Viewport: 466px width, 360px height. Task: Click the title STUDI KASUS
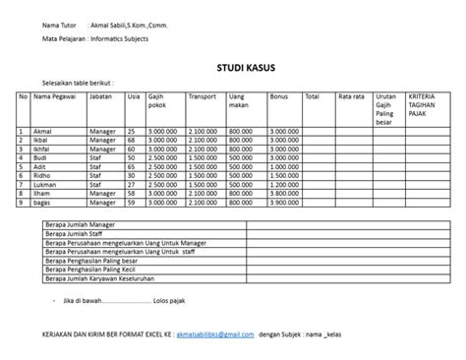tap(246, 68)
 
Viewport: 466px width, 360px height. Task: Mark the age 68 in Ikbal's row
tap(133, 140)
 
